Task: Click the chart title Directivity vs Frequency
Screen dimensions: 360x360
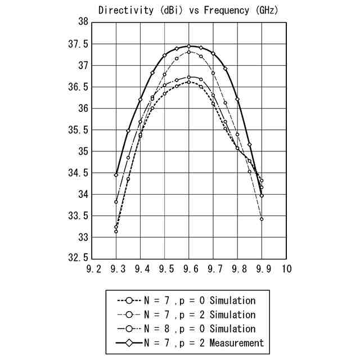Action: [x=188, y=10]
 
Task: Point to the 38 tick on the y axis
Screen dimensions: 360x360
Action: [x=83, y=22]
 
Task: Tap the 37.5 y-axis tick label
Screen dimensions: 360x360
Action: [x=79, y=44]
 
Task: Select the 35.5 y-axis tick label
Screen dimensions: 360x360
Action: [x=79, y=130]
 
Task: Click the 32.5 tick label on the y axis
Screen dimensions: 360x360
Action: [x=79, y=259]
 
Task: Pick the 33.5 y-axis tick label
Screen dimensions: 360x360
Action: [x=79, y=216]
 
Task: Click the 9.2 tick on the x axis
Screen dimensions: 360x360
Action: [x=92, y=269]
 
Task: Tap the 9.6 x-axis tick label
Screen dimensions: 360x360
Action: [x=189, y=269]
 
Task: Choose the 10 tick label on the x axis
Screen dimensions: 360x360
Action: [x=286, y=269]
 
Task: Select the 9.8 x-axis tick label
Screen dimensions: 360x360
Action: [x=238, y=269]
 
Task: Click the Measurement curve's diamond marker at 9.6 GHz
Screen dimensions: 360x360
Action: [x=189, y=46]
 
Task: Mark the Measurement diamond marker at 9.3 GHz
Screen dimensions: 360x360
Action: [x=116, y=175]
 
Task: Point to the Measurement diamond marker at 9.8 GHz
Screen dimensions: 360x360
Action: [x=237, y=100]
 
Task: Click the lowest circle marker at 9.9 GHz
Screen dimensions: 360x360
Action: [x=262, y=219]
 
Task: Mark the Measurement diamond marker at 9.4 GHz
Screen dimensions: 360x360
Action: [x=140, y=100]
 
